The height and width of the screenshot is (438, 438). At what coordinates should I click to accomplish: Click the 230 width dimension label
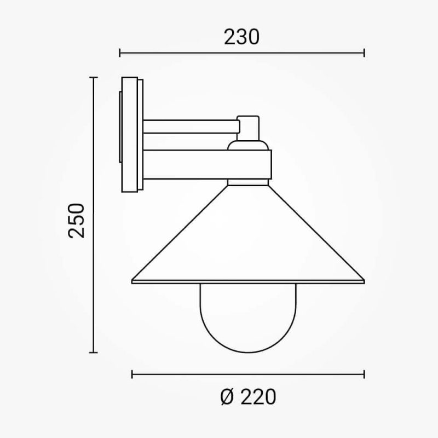pyautogui.click(x=241, y=37)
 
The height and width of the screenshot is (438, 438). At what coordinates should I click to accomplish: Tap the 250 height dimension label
pyautogui.click(x=76, y=221)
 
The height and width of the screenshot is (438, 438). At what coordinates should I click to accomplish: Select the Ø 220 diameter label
pyautogui.click(x=248, y=396)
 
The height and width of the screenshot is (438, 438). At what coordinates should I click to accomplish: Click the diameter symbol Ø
pyautogui.click(x=227, y=396)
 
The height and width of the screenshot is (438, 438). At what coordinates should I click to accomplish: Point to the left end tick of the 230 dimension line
pyautogui.click(x=120, y=53)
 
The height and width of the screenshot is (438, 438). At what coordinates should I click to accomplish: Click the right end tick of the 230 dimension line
pyautogui.click(x=364, y=53)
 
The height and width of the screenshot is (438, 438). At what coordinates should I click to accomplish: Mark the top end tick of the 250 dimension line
pyautogui.click(x=93, y=77)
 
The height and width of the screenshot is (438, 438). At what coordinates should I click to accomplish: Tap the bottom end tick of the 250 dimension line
pyautogui.click(x=93, y=353)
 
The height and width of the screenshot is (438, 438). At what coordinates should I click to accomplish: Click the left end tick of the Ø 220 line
pyautogui.click(x=132, y=374)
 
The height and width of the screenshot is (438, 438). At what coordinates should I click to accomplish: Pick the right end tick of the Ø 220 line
pyautogui.click(x=364, y=374)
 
